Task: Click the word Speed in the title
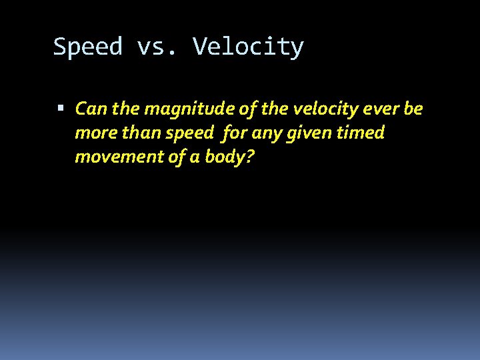click(x=88, y=47)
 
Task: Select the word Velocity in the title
click(x=248, y=47)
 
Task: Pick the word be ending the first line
click(x=413, y=109)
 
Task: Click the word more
click(x=92, y=133)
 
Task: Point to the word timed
click(x=361, y=133)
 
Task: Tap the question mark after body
click(x=251, y=157)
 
